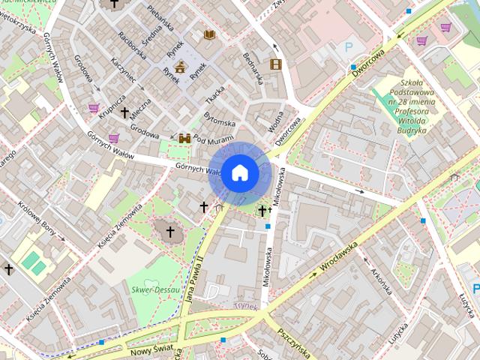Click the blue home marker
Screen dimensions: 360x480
(239, 173)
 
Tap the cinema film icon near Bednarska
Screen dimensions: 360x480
(275, 64)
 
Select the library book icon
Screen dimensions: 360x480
(210, 34)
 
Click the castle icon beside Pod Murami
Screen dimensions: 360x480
(184, 139)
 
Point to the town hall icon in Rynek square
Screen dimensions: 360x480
(180, 67)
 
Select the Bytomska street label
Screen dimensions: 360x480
(220, 121)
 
